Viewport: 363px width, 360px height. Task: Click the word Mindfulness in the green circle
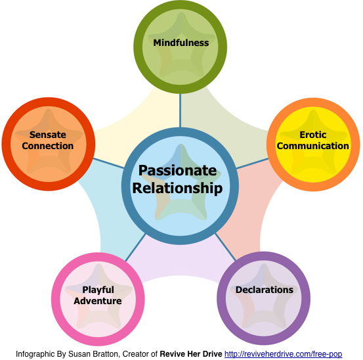181,43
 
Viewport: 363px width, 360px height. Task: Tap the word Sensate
48,135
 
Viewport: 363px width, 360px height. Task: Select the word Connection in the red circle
48,146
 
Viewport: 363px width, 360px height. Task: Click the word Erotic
313,135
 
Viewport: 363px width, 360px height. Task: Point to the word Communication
313,146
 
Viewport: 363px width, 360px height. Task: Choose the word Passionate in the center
178,171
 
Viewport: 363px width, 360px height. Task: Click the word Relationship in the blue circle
178,188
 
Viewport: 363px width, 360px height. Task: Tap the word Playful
98,290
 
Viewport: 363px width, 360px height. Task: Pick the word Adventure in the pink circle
98,301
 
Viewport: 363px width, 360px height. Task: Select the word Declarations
265,290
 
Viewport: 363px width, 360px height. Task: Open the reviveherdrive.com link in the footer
284,354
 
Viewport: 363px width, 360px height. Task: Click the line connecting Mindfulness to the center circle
180,110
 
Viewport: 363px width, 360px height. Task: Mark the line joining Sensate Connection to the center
108,163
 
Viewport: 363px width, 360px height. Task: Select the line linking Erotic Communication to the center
252,164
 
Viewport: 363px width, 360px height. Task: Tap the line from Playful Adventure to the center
136,248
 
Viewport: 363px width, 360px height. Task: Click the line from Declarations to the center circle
226,247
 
